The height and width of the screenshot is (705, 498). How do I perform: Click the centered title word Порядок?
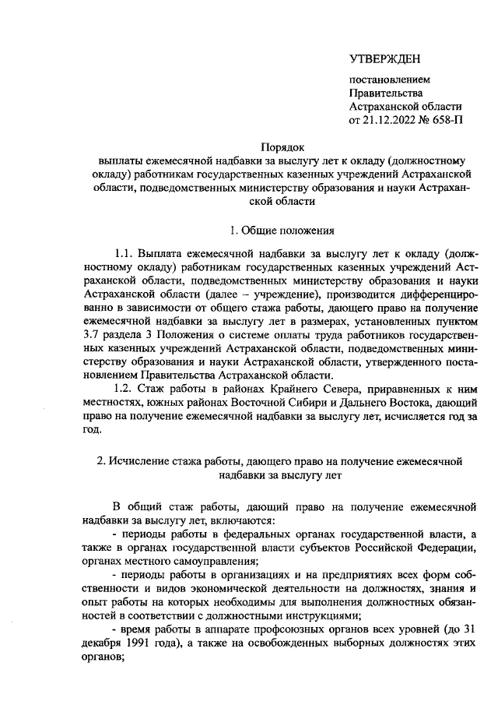pyautogui.click(x=282, y=146)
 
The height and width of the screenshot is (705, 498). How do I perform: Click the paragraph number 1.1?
pyautogui.click(x=125, y=255)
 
